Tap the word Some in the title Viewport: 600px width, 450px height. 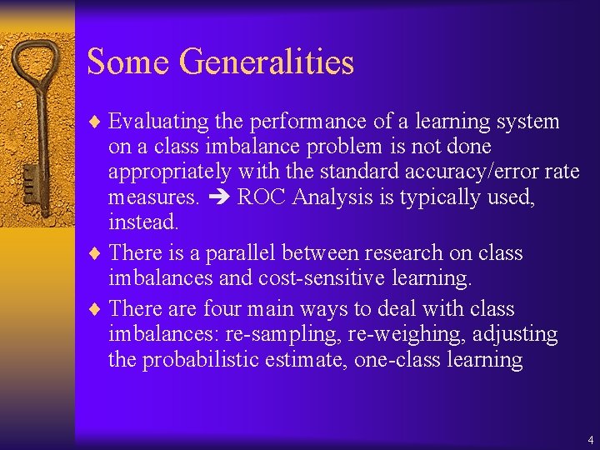pyautogui.click(x=129, y=62)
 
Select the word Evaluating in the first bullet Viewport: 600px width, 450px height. pyautogui.click(x=158, y=122)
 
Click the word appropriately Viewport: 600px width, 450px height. pyautogui.click(x=170, y=172)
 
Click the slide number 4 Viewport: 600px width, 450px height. pyautogui.click(x=590, y=439)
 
